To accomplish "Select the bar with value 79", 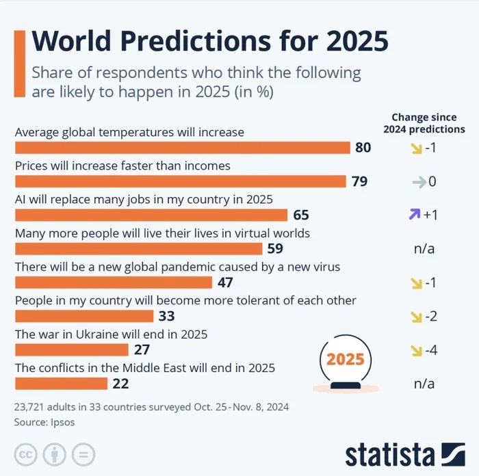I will [x=180, y=181].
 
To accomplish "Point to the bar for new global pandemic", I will [x=114, y=282].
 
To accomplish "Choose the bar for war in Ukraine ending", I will [x=72, y=349].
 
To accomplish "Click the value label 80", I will [x=363, y=148].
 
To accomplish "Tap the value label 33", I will [x=166, y=316].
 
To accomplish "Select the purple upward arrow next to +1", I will [x=414, y=215].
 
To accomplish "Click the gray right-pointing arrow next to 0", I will [x=417, y=182].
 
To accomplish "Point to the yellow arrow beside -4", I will [x=414, y=350].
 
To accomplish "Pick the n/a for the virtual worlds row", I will [x=424, y=248].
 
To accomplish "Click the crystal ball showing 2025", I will [x=345, y=362].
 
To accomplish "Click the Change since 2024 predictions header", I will [x=424, y=123].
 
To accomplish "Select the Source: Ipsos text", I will [x=44, y=422].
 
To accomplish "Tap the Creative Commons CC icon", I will [x=26, y=454].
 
